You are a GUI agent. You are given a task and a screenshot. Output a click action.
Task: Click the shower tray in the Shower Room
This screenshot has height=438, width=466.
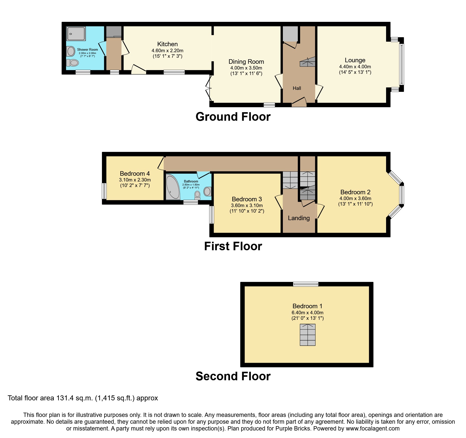click(x=76, y=34)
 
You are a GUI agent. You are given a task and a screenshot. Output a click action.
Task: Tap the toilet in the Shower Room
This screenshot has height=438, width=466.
click(x=73, y=63)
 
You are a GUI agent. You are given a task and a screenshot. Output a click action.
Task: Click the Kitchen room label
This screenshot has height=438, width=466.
click(x=167, y=44)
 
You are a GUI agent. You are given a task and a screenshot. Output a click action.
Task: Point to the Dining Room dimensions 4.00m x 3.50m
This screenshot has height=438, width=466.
click(x=246, y=68)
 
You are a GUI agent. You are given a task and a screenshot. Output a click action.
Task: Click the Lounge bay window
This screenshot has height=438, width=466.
click(x=401, y=64)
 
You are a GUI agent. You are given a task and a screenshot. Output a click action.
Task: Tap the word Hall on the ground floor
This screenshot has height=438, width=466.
click(x=297, y=88)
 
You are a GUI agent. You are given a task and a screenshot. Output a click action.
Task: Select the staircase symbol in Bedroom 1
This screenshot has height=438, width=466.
click(x=307, y=335)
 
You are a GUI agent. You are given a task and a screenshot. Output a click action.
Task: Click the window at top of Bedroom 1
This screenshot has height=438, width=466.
click(x=306, y=284)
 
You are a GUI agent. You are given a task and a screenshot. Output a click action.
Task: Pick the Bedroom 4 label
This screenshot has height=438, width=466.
click(x=135, y=174)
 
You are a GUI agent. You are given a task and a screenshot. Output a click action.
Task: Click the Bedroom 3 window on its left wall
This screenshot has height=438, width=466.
click(x=212, y=215)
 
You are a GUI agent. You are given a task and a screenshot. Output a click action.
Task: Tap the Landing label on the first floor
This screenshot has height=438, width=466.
click(x=299, y=218)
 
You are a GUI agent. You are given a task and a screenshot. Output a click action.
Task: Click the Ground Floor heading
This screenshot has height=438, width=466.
click(x=233, y=117)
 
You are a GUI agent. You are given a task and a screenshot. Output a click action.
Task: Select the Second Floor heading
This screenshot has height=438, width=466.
click(x=233, y=376)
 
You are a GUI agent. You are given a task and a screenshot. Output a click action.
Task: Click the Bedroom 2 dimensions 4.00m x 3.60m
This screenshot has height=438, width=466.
click(x=355, y=198)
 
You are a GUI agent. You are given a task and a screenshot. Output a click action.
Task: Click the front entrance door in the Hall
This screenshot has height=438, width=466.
click(x=299, y=103)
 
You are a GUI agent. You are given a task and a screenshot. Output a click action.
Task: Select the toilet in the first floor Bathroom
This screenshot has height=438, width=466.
click(x=198, y=195)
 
